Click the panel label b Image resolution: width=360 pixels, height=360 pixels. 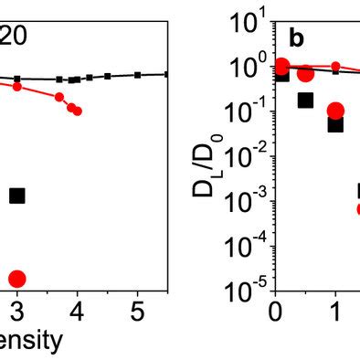[297, 39]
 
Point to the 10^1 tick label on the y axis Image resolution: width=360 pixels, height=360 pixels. [245, 22]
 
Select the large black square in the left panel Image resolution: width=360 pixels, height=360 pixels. [16, 195]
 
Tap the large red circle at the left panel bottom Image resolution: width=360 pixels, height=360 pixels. [16, 279]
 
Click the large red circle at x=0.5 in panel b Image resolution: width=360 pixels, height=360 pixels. [305, 74]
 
